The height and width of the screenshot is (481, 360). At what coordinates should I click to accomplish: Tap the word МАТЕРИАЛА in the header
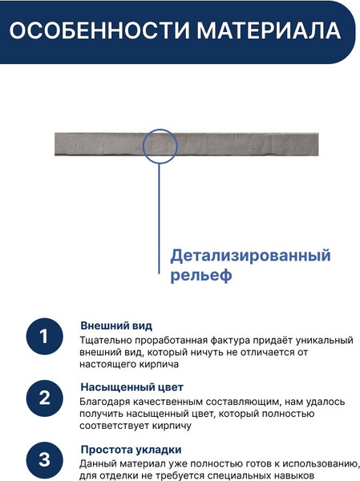260,32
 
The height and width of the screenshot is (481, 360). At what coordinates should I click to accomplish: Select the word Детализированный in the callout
250,257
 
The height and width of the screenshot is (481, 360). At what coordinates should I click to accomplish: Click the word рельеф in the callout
200,277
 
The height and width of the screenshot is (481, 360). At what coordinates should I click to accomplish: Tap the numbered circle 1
45,337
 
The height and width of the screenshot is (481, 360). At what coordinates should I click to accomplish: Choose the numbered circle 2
45,398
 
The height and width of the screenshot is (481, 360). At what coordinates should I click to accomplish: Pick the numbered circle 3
45,459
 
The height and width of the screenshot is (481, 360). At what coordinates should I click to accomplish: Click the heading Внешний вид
116,325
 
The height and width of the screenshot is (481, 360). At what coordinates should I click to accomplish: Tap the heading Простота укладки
131,449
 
